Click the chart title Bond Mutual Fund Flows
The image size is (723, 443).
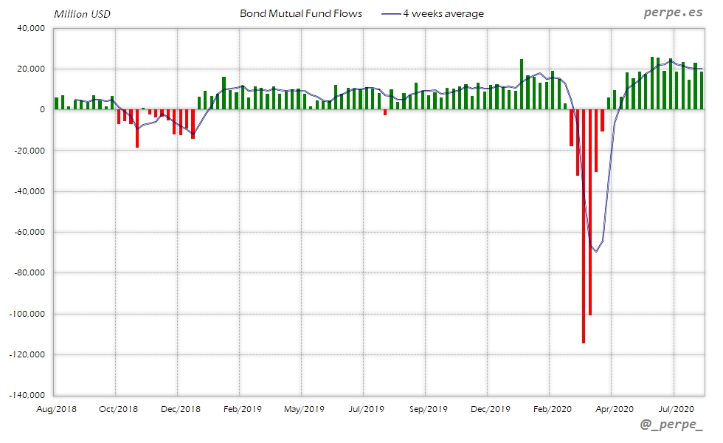click(301, 14)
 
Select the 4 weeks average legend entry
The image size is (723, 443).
click(443, 14)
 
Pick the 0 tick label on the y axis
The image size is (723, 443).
click(43, 110)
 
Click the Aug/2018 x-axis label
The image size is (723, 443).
click(56, 408)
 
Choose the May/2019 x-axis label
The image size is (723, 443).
click(304, 408)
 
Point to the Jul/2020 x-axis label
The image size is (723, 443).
click(676, 408)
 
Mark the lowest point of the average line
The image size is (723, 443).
click(595, 252)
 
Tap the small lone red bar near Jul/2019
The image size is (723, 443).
click(385, 112)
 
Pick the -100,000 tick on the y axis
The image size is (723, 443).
click(27, 314)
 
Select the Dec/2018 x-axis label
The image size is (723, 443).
click(180, 408)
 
